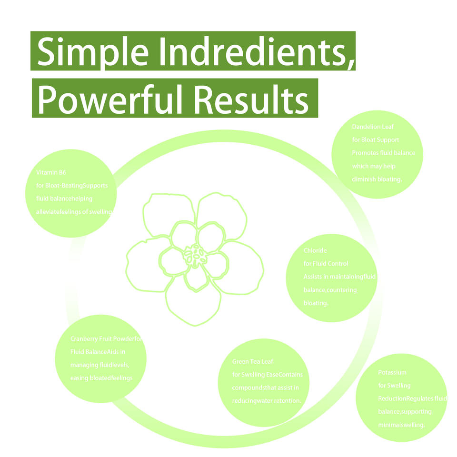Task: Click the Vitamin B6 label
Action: coord(50,172)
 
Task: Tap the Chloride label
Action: coord(315,250)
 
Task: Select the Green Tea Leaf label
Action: coord(253,362)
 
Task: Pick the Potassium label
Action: coord(392,372)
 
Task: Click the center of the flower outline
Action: coord(195,257)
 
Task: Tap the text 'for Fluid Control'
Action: coord(326,263)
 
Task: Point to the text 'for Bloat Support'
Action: coord(376,140)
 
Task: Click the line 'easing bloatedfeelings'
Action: coord(101,378)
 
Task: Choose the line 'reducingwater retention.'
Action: coord(267,401)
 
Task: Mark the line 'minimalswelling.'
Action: coord(401,424)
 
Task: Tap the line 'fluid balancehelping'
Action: coord(64,199)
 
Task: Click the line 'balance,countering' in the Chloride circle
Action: coord(330,289)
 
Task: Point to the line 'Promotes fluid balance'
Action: coord(384,153)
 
